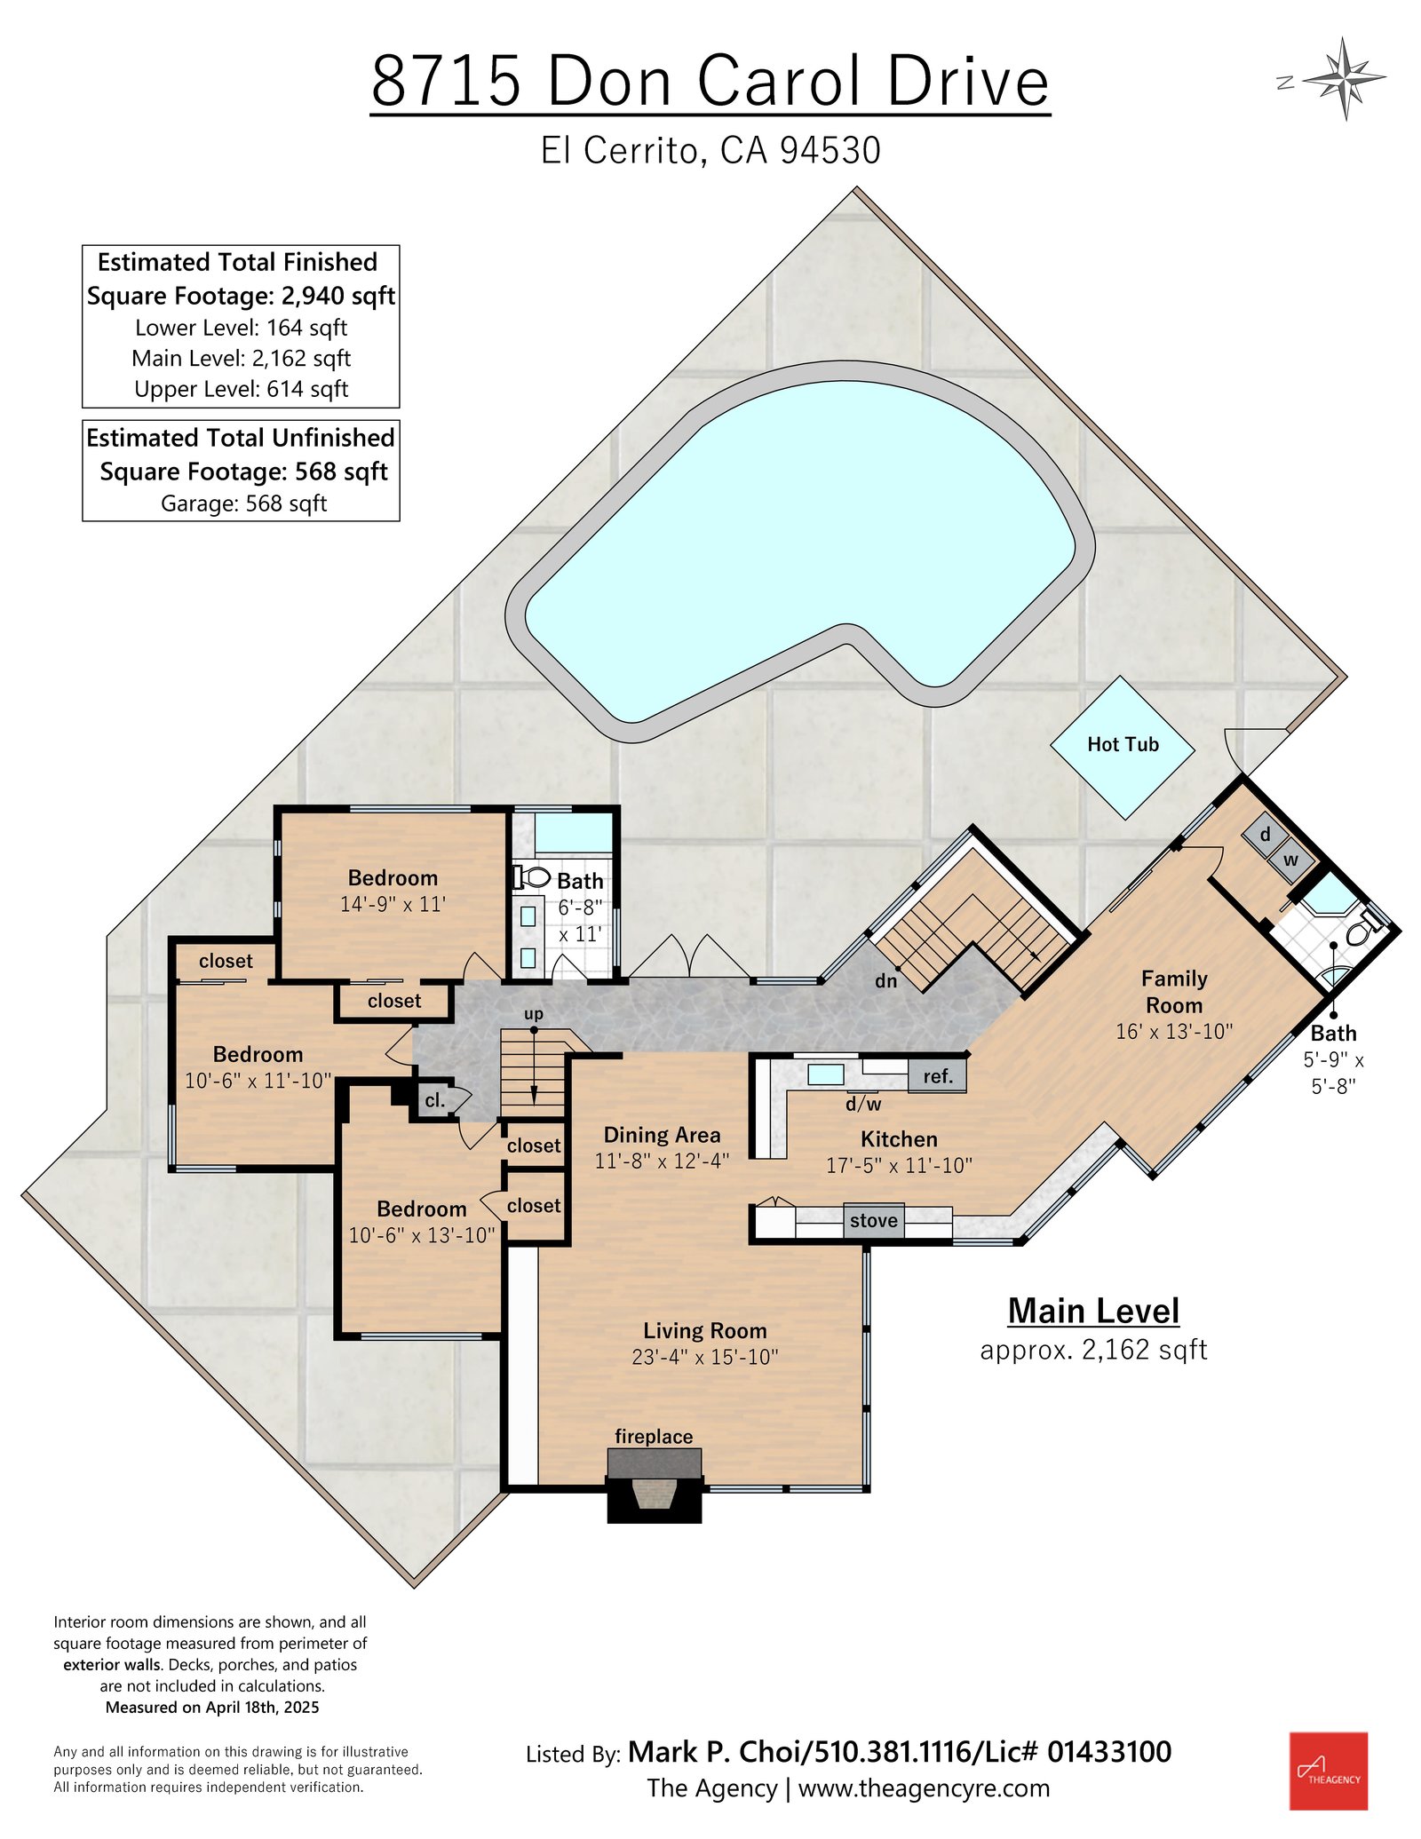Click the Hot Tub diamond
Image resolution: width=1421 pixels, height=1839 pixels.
[x=1123, y=747]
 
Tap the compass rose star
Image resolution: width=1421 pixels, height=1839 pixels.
[x=1346, y=79]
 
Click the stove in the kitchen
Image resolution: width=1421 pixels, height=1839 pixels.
[x=874, y=1221]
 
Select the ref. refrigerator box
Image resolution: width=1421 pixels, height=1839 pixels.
[x=937, y=1076]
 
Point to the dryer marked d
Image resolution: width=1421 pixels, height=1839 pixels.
[x=1265, y=835]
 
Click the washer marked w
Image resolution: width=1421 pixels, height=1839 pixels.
[x=1290, y=860]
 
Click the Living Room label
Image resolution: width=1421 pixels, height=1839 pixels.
[x=705, y=1330]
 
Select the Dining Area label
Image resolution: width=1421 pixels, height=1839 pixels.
[x=662, y=1135]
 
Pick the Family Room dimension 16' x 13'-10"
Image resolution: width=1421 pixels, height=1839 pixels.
[x=1174, y=1032]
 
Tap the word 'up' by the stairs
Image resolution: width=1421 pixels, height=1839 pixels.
[x=534, y=1014]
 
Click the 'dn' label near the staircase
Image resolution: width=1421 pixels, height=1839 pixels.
[x=886, y=980]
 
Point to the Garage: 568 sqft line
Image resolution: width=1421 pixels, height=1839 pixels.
[x=243, y=503]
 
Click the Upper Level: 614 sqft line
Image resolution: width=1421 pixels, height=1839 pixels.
[x=241, y=389]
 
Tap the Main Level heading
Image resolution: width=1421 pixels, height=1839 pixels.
[x=1093, y=1311]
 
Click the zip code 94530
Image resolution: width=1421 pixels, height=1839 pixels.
[x=830, y=150]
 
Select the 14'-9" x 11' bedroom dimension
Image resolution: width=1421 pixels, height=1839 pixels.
[x=393, y=905]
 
